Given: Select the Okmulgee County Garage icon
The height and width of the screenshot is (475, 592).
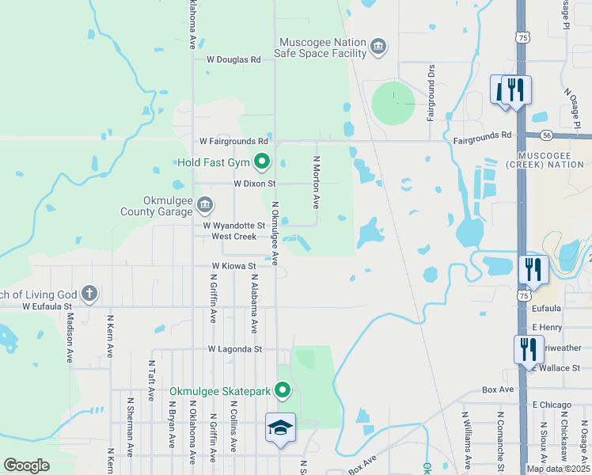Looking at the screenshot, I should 204,206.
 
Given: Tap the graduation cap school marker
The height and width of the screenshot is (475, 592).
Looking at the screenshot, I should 280,428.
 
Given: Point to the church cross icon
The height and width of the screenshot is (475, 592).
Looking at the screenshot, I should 89,293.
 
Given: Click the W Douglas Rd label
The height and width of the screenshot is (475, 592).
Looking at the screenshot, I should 233,59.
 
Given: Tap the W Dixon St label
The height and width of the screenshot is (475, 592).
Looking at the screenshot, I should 254,183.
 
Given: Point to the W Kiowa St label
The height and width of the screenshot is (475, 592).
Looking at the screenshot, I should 233,267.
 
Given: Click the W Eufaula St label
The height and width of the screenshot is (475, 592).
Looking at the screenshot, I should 47,306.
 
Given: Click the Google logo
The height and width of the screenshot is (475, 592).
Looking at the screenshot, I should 26,465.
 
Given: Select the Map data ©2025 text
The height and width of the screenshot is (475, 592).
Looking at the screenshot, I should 558,469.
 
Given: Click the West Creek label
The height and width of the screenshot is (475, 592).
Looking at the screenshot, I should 233,236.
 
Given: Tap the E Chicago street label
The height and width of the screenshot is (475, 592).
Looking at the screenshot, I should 552,405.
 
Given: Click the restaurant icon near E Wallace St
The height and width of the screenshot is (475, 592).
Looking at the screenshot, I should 528,348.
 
